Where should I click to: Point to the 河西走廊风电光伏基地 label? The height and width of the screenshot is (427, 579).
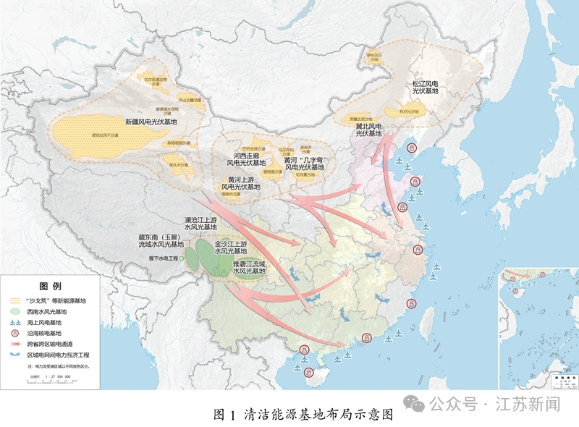[249, 159]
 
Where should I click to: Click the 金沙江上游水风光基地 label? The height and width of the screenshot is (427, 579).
[232, 248]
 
